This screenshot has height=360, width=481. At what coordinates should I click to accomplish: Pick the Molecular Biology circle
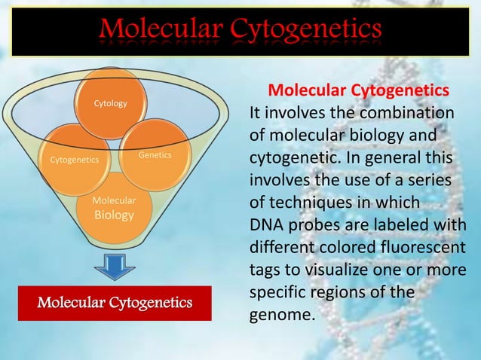[x=114, y=209]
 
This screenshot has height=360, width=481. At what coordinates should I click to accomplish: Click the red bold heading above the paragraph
[x=359, y=91]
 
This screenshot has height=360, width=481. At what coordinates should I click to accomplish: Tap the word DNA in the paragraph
[x=266, y=225]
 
